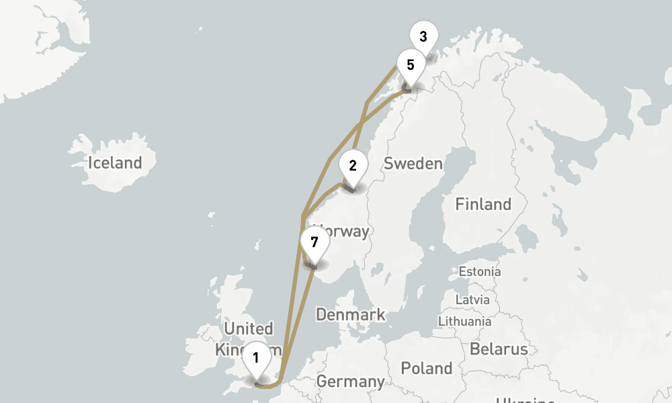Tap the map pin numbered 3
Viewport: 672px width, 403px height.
(423, 37)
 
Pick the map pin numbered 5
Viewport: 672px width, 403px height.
(410, 66)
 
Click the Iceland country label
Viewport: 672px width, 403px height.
(115, 163)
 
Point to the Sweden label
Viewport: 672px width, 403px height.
(413, 164)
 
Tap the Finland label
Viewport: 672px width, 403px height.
(482, 204)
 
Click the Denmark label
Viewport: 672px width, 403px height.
(350, 314)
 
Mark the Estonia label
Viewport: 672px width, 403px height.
(479, 272)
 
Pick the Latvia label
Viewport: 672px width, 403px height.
(472, 300)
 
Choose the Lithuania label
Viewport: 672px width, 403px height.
(464, 321)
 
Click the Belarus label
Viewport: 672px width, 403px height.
(498, 349)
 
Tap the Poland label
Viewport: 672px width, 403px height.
(426, 368)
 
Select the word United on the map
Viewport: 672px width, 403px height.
(249, 329)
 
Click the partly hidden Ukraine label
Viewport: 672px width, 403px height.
(524, 400)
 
